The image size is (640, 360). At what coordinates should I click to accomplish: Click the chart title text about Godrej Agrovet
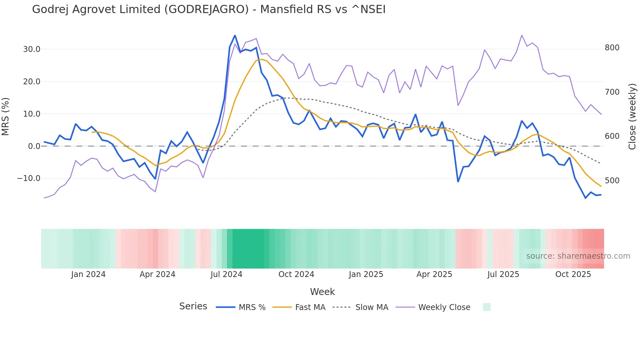[x=209, y=9]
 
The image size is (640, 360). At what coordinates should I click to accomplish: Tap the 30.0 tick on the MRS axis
[x=31, y=49]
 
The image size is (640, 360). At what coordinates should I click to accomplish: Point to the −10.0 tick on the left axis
[x=29, y=178]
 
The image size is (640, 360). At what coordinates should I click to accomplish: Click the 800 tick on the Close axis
[x=612, y=48]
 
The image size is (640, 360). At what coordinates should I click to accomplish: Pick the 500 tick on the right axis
[x=612, y=180]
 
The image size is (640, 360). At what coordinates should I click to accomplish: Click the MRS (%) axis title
[x=6, y=116]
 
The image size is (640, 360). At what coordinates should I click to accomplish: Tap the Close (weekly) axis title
[x=632, y=116]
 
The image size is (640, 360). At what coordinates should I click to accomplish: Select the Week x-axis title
[x=322, y=292]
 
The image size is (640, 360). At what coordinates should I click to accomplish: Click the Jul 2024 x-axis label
[x=226, y=274]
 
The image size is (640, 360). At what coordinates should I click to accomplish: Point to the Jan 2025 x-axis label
[x=366, y=274]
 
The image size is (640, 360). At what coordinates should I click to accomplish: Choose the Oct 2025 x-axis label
[x=573, y=274]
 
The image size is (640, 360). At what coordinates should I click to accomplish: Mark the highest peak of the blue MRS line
[x=235, y=36]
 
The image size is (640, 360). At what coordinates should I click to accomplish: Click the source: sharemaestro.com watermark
[x=578, y=256]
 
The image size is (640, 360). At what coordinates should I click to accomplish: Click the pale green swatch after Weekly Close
[x=487, y=307]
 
